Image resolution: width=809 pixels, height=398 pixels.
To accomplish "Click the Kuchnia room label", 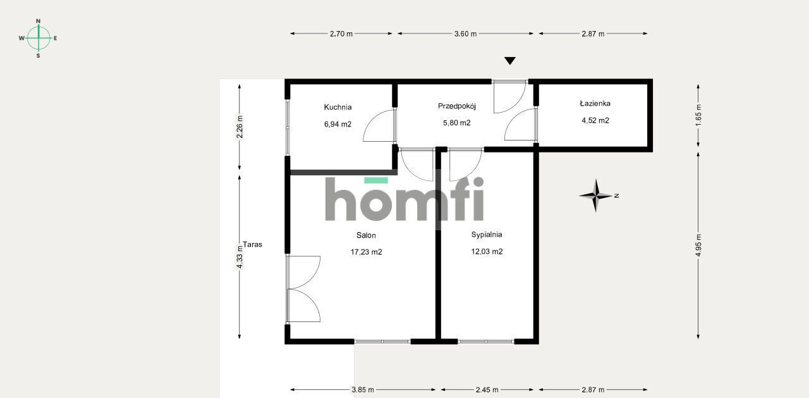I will pyautogui.click(x=338, y=107).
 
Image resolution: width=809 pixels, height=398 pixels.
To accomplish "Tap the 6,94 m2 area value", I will pyautogui.click(x=338, y=124).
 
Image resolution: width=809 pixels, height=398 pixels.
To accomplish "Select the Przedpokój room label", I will pyautogui.click(x=456, y=106).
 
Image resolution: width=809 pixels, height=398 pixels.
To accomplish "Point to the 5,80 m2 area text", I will pyautogui.click(x=456, y=123).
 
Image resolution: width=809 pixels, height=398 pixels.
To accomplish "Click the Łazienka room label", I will pyautogui.click(x=595, y=103).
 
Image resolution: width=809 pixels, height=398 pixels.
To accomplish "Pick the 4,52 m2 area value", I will pyautogui.click(x=595, y=120).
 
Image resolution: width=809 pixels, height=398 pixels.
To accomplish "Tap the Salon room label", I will pyautogui.click(x=366, y=235).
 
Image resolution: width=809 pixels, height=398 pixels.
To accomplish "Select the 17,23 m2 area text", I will pyautogui.click(x=366, y=252).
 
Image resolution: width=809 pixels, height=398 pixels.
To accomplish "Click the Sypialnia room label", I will pyautogui.click(x=487, y=234).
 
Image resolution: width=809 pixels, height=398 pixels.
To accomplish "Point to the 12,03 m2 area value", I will pyautogui.click(x=487, y=251).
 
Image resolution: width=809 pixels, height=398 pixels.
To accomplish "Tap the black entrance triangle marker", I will pyautogui.click(x=510, y=61).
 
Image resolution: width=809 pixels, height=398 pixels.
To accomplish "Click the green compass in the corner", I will pyautogui.click(x=39, y=38).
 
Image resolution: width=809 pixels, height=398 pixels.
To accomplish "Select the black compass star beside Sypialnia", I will pyautogui.click(x=595, y=196).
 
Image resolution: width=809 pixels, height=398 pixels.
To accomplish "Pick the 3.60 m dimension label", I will pyautogui.click(x=465, y=34).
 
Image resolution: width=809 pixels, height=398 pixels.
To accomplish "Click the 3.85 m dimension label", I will pyautogui.click(x=362, y=390).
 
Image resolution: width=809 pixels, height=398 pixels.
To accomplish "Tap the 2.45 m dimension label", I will pyautogui.click(x=487, y=390).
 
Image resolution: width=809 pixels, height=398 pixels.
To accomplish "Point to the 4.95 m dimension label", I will pyautogui.click(x=698, y=243).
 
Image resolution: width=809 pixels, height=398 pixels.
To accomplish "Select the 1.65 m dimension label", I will pyautogui.click(x=698, y=115).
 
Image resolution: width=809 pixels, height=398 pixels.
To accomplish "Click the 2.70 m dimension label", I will pyautogui.click(x=341, y=34).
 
